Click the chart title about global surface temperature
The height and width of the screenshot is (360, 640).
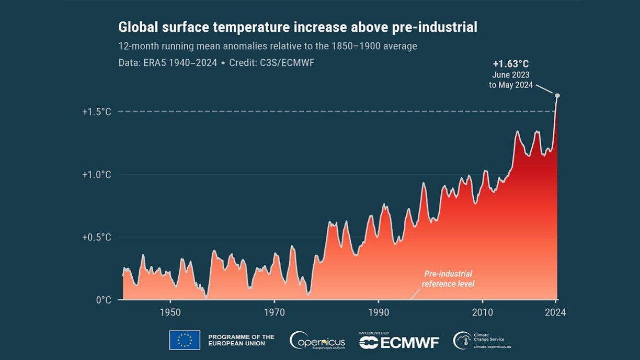click(298, 27)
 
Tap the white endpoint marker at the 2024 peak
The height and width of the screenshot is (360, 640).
click(557, 95)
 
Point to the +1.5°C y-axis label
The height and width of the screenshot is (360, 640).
click(97, 111)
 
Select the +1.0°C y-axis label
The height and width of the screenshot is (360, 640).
click(97, 174)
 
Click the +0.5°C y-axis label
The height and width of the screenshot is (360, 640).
click(97, 237)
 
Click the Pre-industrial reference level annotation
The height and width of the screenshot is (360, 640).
click(448, 279)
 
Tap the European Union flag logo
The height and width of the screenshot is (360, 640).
click(184, 340)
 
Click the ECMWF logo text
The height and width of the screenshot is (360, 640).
click(399, 342)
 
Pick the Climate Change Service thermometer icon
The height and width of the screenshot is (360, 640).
click(462, 341)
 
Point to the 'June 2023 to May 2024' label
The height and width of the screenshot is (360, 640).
click(511, 80)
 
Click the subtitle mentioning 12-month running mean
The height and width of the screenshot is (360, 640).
click(268, 46)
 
